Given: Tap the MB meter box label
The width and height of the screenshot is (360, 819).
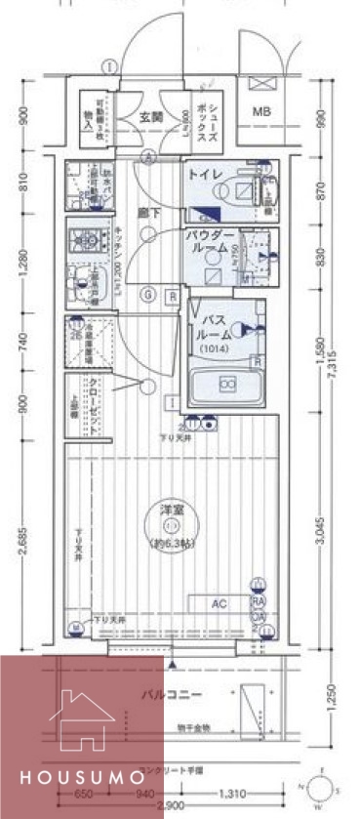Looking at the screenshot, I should [262, 111].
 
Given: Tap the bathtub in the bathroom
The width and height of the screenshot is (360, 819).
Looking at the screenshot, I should [227, 387].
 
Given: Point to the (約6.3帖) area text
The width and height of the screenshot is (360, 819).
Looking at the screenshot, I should [173, 543].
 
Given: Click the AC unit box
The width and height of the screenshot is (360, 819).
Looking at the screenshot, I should [220, 604].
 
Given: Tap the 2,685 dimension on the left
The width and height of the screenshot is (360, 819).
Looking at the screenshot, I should [21, 542].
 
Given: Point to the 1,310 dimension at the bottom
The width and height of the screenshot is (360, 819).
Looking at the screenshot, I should [230, 793].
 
